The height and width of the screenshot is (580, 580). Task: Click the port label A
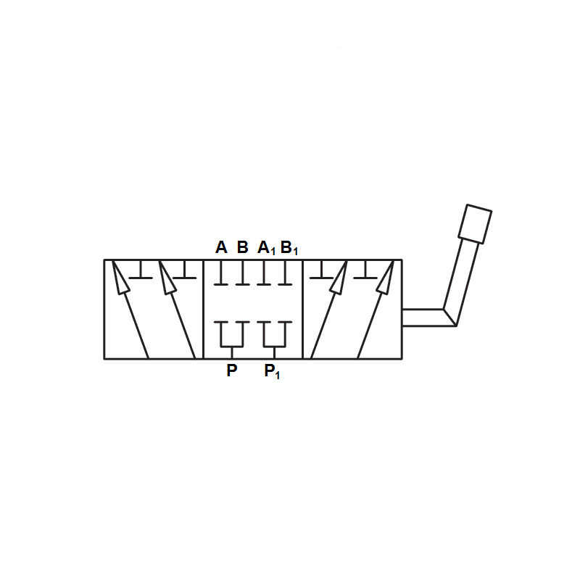tap(221, 247)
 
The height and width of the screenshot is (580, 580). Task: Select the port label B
tap(242, 247)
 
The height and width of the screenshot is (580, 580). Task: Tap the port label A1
tap(266, 248)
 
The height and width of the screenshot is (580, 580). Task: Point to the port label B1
tap(289, 248)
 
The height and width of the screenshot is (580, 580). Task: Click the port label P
tap(231, 370)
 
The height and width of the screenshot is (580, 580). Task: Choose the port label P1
tap(272, 371)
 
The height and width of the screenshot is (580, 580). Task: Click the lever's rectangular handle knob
tap(475, 224)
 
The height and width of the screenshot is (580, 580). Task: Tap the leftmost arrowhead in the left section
tap(120, 278)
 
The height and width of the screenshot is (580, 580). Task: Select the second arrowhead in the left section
tap(167, 278)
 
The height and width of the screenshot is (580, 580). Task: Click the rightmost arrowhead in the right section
tap(386, 278)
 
